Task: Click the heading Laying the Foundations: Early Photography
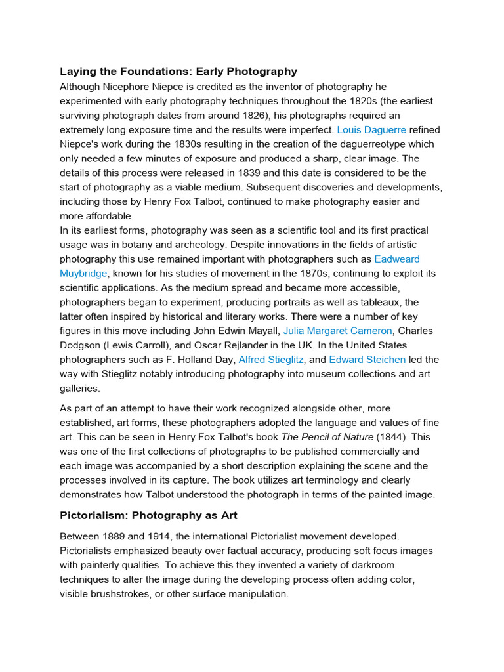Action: [x=178, y=72]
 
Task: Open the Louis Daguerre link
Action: [x=371, y=130]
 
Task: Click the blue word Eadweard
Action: [x=397, y=259]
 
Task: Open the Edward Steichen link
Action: [x=367, y=360]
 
